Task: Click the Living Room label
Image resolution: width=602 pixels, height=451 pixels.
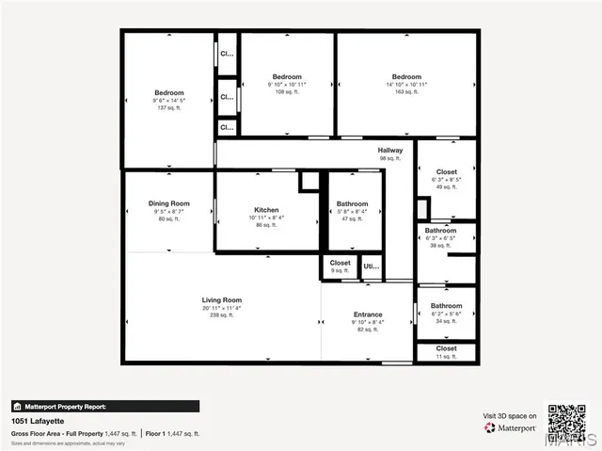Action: [221, 300]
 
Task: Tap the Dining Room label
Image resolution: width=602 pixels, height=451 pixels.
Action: [169, 203]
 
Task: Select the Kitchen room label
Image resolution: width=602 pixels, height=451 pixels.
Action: [266, 210]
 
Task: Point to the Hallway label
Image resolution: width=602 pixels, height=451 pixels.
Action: [390, 151]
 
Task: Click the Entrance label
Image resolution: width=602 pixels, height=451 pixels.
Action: [368, 314]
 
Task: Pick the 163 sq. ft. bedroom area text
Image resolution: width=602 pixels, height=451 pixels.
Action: [406, 92]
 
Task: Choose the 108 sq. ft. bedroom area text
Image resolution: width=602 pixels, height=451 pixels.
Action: [287, 92]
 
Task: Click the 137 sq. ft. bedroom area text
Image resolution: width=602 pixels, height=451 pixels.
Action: [169, 108]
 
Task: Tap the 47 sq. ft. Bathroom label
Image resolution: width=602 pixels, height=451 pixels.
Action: [353, 203]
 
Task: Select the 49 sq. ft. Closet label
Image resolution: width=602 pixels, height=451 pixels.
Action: [446, 172]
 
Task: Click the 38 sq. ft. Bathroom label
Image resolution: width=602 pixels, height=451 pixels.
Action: [440, 231]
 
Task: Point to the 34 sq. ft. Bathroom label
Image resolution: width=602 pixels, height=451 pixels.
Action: [446, 306]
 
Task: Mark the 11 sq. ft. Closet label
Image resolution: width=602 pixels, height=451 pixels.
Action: [446, 348]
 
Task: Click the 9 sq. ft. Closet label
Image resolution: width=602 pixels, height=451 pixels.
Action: [340, 264]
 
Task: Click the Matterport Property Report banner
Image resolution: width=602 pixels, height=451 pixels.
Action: [104, 407]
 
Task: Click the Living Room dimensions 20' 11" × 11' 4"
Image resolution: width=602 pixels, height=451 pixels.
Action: [221, 308]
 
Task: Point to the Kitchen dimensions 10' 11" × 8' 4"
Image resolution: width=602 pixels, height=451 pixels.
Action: [266, 217]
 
